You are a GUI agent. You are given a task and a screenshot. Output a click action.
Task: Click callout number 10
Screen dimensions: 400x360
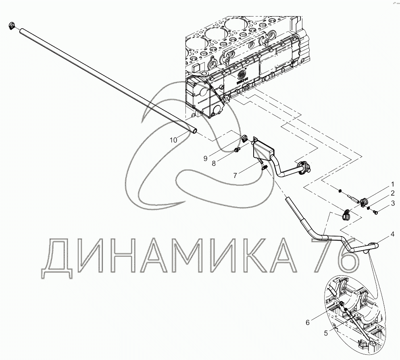click(x=173, y=140)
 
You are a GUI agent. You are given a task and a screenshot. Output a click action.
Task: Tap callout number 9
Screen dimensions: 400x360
click(x=205, y=159)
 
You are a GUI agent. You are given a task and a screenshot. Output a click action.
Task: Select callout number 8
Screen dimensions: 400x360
click(x=214, y=163)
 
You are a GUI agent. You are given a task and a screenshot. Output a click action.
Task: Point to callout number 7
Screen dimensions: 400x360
click(x=235, y=176)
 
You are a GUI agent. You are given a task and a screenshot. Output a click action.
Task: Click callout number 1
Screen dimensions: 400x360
click(x=392, y=184)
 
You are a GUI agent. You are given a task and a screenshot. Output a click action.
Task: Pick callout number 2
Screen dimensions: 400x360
click(x=392, y=193)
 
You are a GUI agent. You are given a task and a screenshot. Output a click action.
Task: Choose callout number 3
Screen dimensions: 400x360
click(x=393, y=203)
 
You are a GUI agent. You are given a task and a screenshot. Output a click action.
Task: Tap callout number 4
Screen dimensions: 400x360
click(x=392, y=234)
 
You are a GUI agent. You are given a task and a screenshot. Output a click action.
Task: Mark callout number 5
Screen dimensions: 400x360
click(x=326, y=333)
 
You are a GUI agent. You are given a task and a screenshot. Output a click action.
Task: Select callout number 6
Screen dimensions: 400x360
click(x=308, y=323)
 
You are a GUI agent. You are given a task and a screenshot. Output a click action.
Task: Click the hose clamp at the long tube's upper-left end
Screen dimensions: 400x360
click(x=12, y=25)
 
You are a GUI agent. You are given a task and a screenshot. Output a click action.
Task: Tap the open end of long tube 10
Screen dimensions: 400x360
click(x=195, y=131)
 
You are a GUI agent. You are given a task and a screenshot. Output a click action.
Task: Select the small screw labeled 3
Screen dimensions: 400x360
click(x=375, y=212)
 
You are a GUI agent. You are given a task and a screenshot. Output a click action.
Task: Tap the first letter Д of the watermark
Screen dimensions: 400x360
click(x=57, y=258)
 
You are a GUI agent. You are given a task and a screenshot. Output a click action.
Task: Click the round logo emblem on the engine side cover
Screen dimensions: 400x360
click(x=241, y=75)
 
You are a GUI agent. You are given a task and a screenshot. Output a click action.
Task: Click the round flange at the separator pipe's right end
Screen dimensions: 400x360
click(x=304, y=166)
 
